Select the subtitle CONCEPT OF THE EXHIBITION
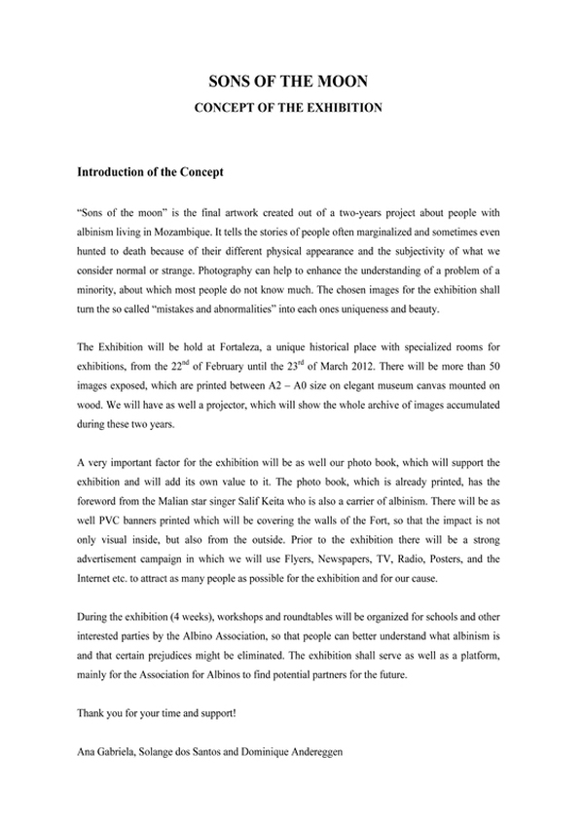292,107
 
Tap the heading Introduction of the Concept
150,173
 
